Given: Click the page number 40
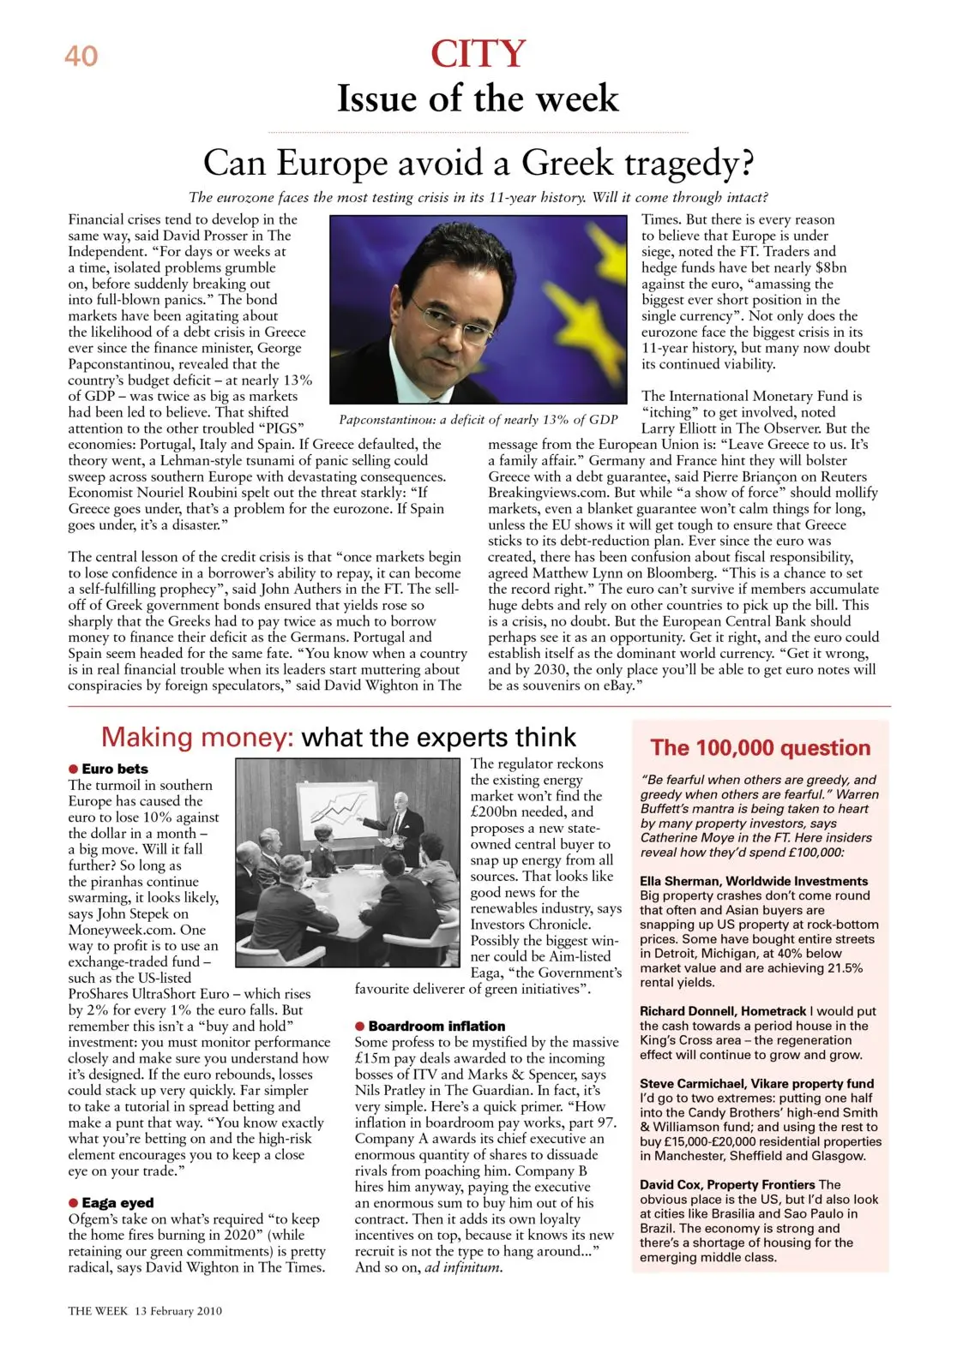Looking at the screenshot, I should [81, 57].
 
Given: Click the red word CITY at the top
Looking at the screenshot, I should [478, 54].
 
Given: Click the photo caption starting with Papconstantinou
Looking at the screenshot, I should [478, 420].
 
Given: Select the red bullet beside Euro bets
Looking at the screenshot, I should [74, 769].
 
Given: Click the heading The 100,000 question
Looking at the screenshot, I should [760, 748].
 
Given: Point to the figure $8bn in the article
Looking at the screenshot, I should [830, 267].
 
